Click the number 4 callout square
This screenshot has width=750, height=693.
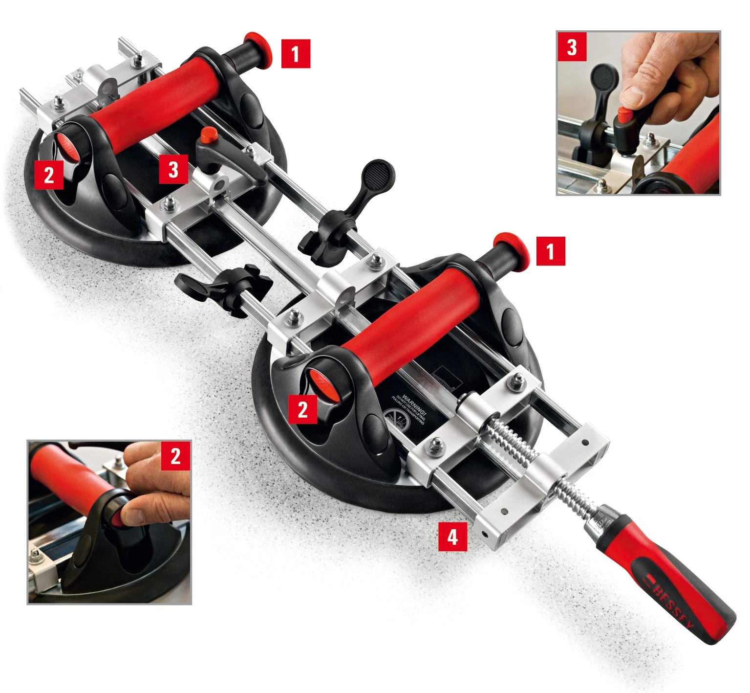[x=452, y=537]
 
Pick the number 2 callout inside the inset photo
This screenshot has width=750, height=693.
[x=175, y=455]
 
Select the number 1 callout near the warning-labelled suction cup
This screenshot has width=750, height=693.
[x=551, y=251]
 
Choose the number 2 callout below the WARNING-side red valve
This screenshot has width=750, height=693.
[x=302, y=408]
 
